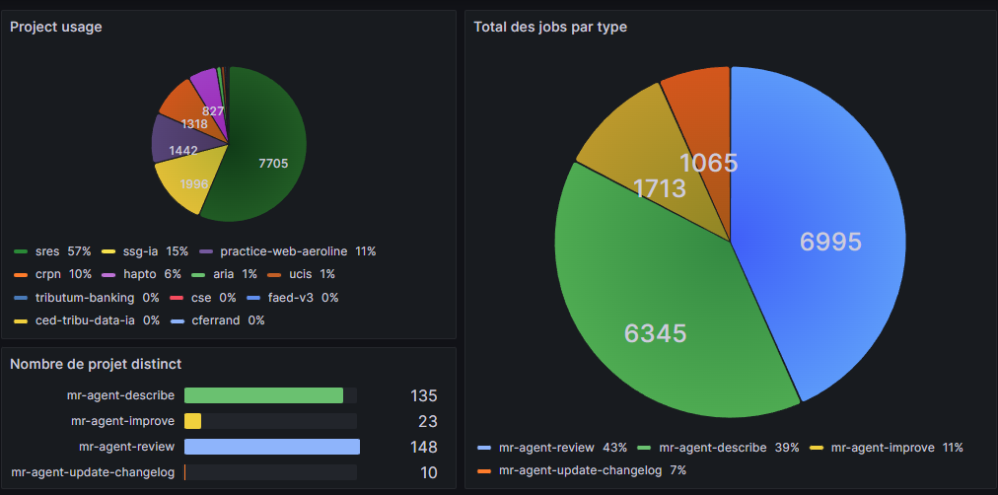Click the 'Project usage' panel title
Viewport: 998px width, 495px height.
click(55, 28)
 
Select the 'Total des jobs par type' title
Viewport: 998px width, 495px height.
click(549, 28)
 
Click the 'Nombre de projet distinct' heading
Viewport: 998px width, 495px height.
click(96, 364)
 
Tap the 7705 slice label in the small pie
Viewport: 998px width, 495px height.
click(272, 164)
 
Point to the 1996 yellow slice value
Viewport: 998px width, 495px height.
click(195, 184)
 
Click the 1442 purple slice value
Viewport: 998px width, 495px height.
click(182, 151)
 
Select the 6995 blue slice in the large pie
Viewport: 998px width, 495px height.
click(829, 242)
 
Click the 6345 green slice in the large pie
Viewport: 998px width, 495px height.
click(655, 334)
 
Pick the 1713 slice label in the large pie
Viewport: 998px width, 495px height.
click(659, 188)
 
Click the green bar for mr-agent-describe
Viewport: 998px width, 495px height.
click(263, 395)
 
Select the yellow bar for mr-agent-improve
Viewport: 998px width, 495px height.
click(192, 421)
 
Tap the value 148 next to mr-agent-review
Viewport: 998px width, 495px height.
click(423, 447)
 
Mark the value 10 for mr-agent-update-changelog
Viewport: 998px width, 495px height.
click(428, 472)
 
